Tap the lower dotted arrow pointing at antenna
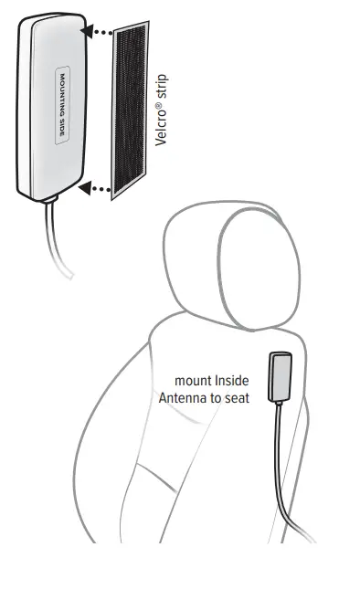[x=95, y=189]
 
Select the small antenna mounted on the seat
[x=279, y=377]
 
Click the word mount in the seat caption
[x=193, y=381]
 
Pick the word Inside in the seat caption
[x=230, y=381]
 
